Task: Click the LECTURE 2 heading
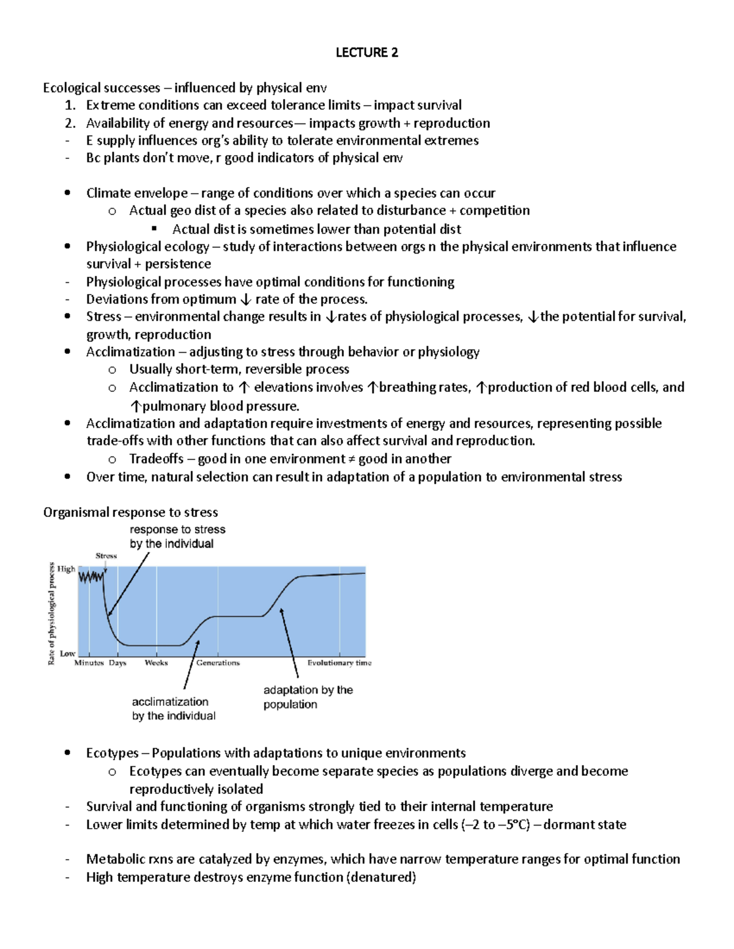(x=366, y=53)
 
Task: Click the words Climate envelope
(x=136, y=193)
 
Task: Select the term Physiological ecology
(x=147, y=246)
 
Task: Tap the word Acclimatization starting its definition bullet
(x=130, y=352)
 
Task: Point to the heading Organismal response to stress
(x=130, y=512)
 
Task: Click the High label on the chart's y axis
(x=66, y=569)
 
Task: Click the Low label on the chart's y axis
(x=67, y=653)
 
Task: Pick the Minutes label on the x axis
(x=89, y=663)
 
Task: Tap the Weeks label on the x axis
(x=156, y=663)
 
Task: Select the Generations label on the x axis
(x=218, y=663)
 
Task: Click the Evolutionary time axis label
(x=339, y=663)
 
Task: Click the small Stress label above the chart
(x=106, y=556)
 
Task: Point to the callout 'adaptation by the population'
(x=308, y=697)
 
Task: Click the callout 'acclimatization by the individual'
(x=174, y=709)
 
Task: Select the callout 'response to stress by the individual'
(x=177, y=537)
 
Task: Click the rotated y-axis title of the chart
(x=52, y=614)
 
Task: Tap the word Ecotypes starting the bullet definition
(x=112, y=753)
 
